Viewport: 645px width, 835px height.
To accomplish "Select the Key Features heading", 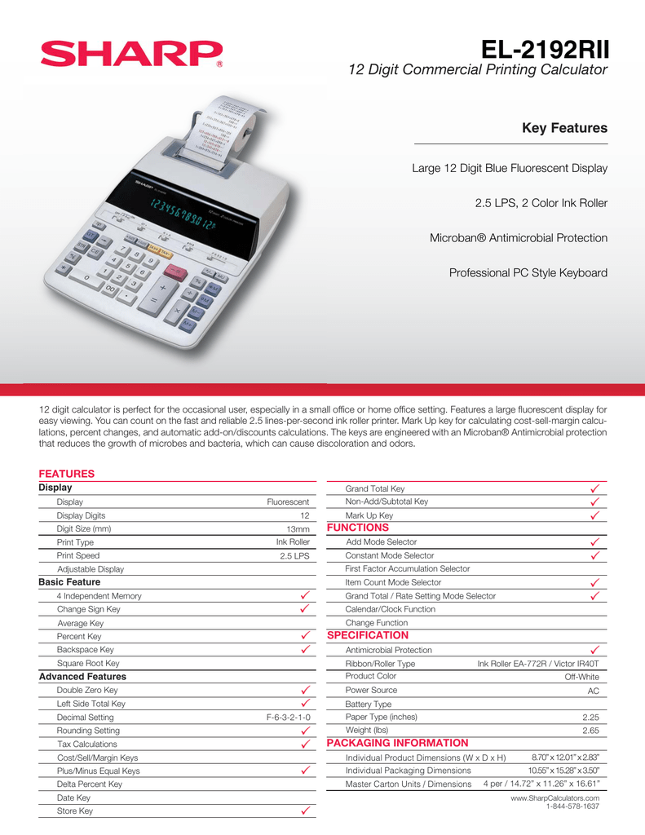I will [x=564, y=128].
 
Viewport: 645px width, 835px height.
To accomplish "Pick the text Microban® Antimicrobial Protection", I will [x=519, y=238].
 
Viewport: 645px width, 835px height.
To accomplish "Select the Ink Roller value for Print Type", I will [x=293, y=542].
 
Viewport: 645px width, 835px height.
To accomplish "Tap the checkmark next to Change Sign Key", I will [x=303, y=609].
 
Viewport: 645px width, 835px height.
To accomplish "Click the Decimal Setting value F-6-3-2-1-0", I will [x=288, y=718].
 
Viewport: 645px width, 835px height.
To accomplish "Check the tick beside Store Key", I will [x=303, y=811].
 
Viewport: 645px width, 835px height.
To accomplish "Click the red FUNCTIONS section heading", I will [x=358, y=528].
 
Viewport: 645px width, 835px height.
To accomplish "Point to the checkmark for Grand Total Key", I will [x=594, y=488].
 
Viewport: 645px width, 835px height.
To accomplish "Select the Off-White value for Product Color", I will [x=581, y=677].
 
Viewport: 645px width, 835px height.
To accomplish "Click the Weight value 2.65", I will [x=590, y=731].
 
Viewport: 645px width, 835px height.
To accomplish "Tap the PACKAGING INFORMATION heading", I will [x=397, y=743].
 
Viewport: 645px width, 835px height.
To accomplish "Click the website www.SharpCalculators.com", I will [x=554, y=797].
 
